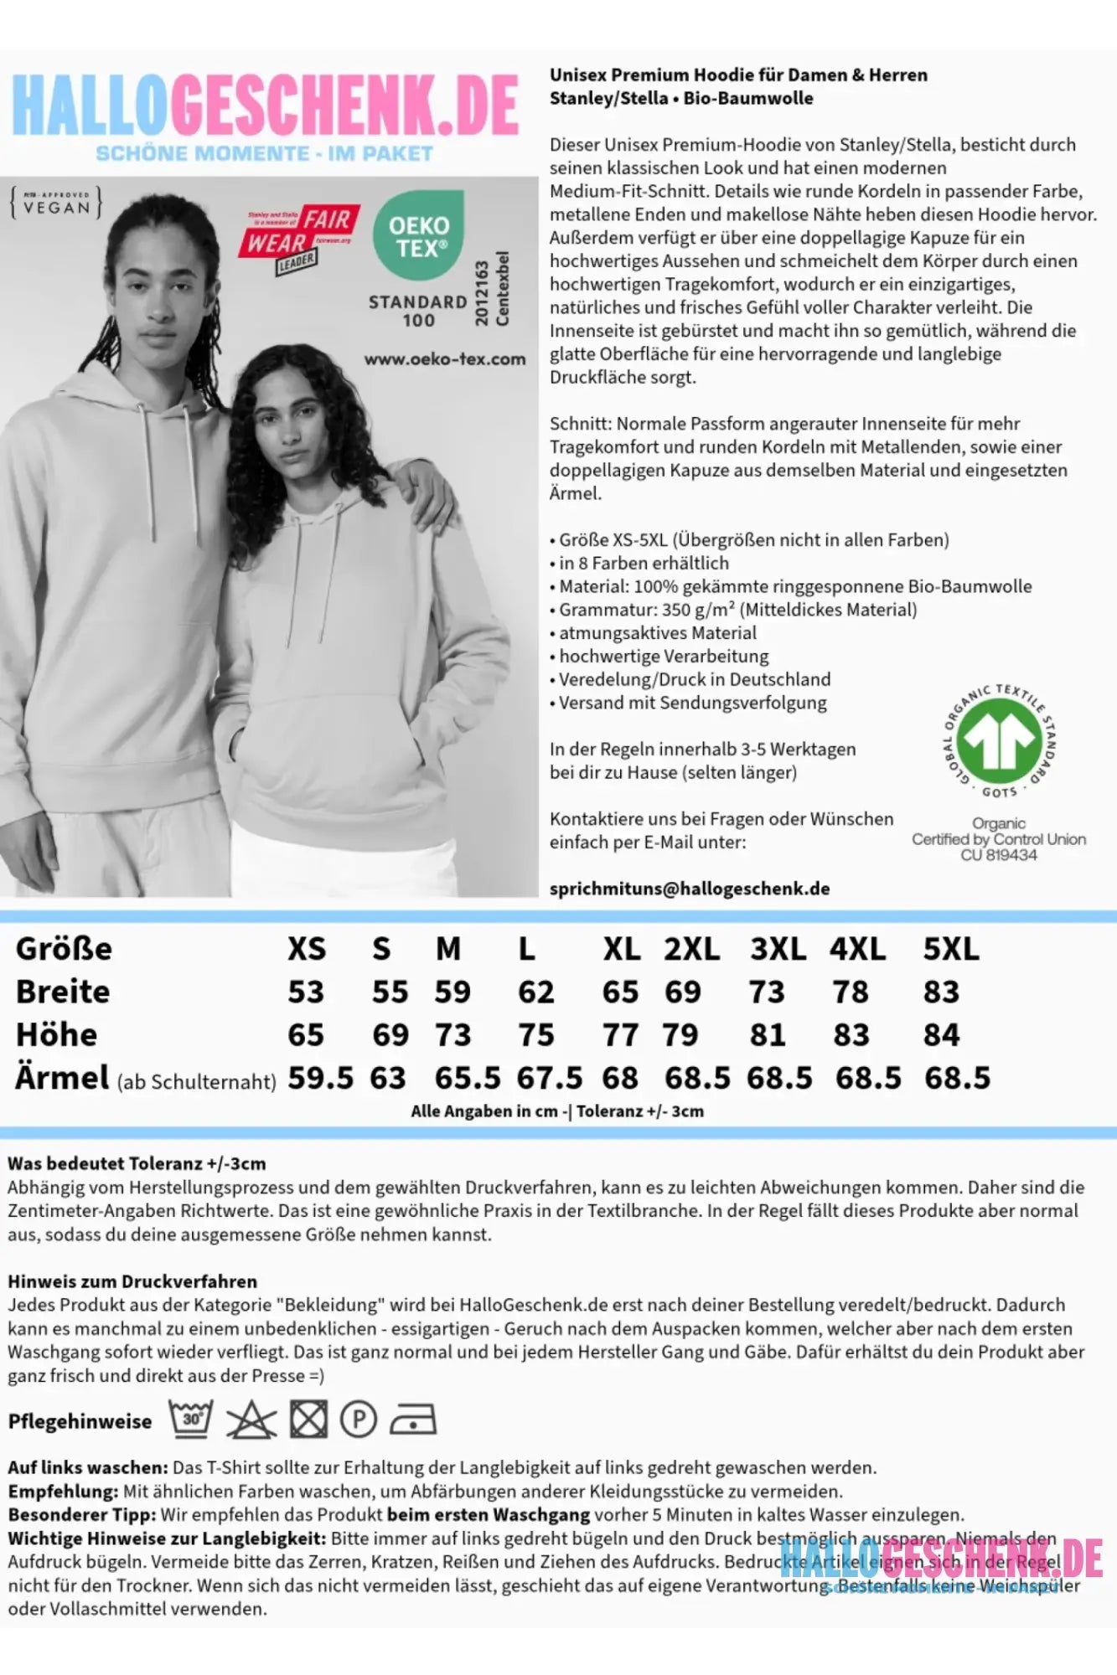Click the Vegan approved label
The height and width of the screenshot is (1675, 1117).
[56, 204]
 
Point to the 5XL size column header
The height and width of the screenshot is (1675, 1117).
[950, 949]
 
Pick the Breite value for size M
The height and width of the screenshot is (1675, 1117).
[452, 992]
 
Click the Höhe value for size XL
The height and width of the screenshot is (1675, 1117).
[620, 1035]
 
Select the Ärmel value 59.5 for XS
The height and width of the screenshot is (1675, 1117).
[320, 1078]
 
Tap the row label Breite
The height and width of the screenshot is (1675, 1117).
[63, 992]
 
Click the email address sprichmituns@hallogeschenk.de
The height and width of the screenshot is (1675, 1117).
[690, 889]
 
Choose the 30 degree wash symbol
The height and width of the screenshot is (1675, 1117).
[191, 1419]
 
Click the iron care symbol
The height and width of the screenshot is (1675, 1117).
[413, 1420]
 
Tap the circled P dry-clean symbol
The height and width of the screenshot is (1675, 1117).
[359, 1420]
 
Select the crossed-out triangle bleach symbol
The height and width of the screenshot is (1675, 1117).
[251, 1420]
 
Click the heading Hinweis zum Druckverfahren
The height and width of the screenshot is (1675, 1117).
[132, 1281]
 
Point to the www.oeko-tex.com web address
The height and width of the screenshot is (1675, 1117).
[444, 359]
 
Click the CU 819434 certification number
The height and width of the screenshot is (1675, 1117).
[998, 855]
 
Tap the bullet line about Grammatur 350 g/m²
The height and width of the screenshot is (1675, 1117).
[737, 610]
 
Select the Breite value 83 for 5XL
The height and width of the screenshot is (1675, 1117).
[941, 992]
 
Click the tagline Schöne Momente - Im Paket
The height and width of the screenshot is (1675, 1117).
[264, 153]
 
